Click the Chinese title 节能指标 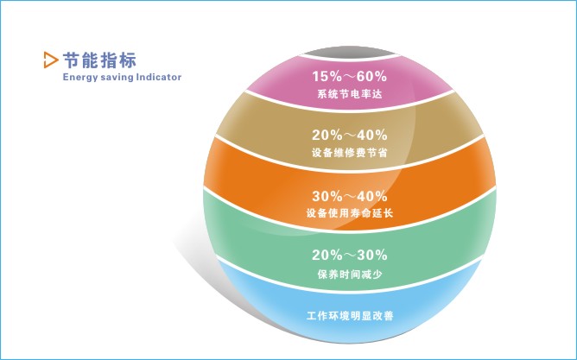(x=99, y=60)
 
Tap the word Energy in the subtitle (x=79, y=78)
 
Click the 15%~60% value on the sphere (x=350, y=77)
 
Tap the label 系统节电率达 (x=350, y=94)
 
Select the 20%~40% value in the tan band (x=350, y=135)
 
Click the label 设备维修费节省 (x=350, y=153)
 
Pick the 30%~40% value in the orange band (x=350, y=196)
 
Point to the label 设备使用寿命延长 (x=350, y=213)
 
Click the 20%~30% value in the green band (x=350, y=255)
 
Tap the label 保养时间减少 (x=350, y=275)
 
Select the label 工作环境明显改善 (x=350, y=316)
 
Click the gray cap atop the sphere (x=350, y=52)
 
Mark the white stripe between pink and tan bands (x=350, y=110)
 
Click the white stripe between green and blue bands (x=350, y=292)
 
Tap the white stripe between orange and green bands (x=350, y=231)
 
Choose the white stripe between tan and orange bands (x=350, y=170)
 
